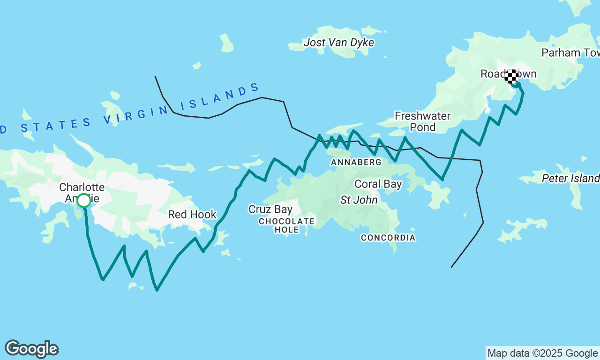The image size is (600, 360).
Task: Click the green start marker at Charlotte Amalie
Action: click(83, 201)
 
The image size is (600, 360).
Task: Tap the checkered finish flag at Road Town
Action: click(512, 76)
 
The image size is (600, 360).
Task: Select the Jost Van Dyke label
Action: click(338, 43)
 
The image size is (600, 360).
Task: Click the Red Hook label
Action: click(192, 215)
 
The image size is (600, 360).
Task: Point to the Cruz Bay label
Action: click(270, 210)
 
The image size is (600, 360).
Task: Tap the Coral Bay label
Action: click(378, 184)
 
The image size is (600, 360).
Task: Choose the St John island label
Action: click(359, 200)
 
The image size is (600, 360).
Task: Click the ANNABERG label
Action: click(356, 162)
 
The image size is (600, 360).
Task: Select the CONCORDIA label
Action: click(388, 238)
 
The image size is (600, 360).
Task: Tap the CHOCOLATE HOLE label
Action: click(286, 225)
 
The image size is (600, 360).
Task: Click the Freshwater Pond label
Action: click(422, 121)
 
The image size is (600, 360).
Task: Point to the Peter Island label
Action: click(570, 179)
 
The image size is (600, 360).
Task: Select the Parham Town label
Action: click(570, 53)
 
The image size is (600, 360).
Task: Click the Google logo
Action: click(31, 349)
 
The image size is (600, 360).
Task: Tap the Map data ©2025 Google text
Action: click(542, 353)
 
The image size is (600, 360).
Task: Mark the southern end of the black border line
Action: click(451, 267)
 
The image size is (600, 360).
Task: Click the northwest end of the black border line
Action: click(155, 76)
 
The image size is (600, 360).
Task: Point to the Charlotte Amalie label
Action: click(82, 193)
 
